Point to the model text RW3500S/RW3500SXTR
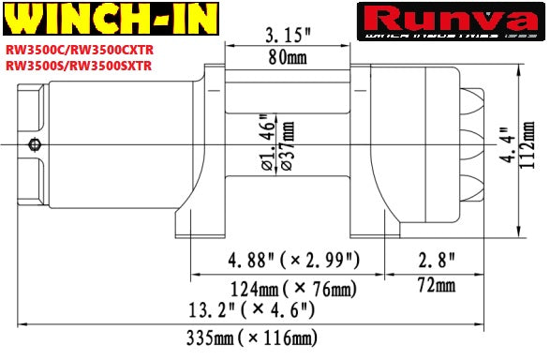[x=79, y=67]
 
